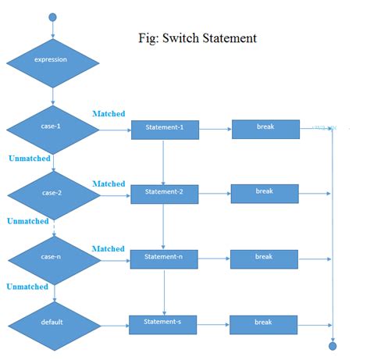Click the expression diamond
53,59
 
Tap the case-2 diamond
53,193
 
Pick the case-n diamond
53,257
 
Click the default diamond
53,322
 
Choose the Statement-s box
163,323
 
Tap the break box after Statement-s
264,323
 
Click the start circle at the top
53,17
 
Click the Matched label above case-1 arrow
109,114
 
